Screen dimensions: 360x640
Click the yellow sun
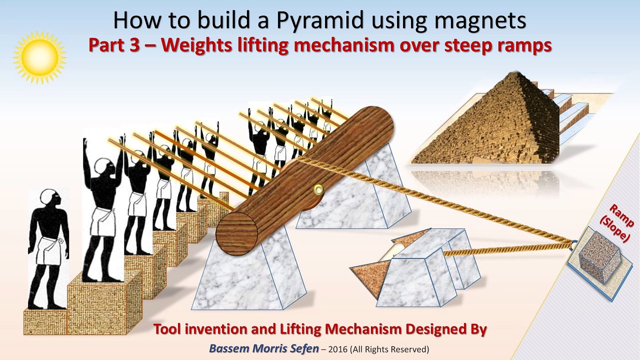point(39,57)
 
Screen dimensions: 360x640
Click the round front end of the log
point(237,233)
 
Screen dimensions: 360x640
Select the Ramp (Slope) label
point(618,223)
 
